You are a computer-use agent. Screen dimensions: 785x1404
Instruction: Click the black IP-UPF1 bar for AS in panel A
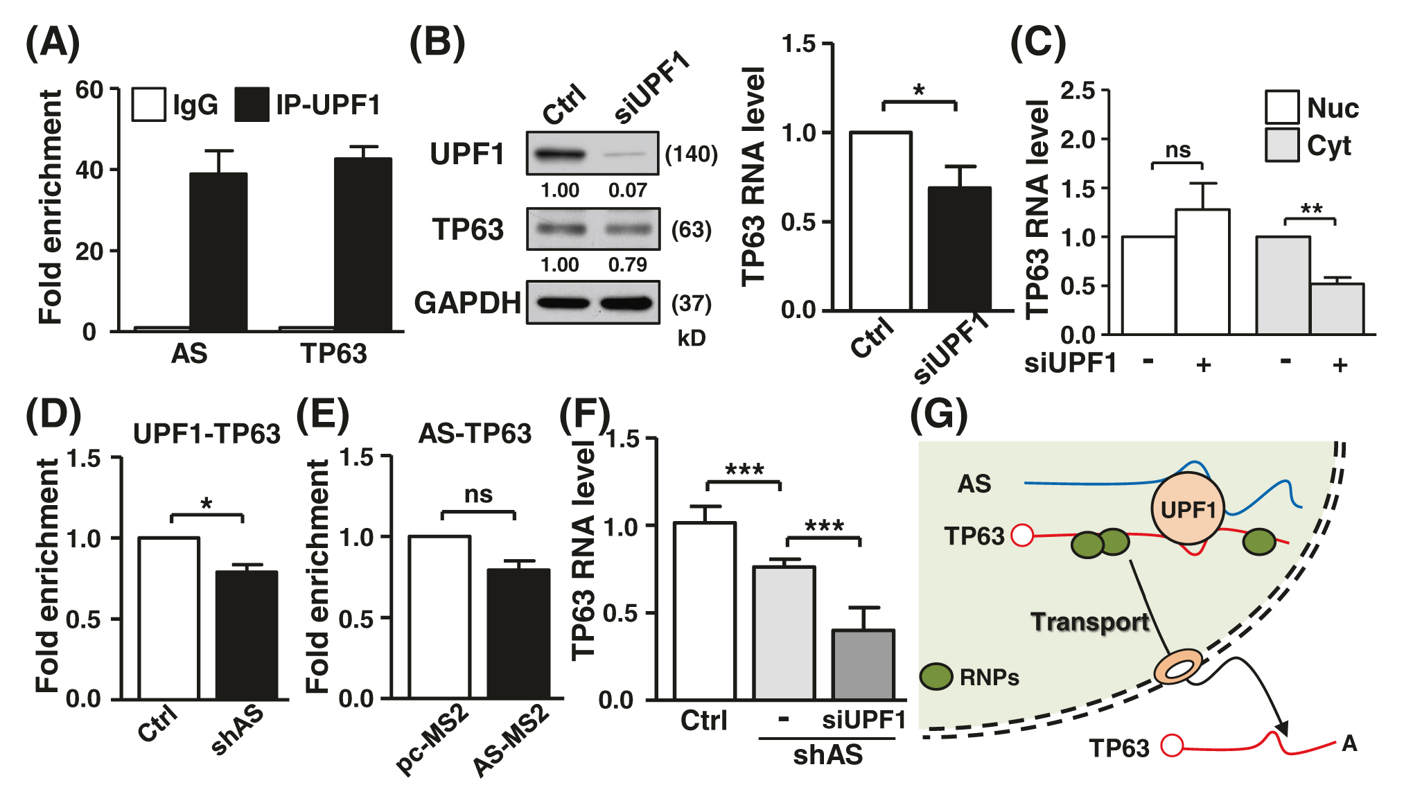click(218, 252)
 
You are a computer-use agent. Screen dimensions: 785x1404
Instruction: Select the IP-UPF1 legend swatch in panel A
click(252, 105)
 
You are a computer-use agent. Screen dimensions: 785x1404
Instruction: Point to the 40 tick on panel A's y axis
click(89, 170)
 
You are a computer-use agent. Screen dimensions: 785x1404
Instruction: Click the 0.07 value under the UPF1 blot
click(627, 190)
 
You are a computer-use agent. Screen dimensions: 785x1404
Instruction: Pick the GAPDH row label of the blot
click(467, 303)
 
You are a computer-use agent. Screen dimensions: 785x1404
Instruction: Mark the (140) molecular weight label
click(691, 154)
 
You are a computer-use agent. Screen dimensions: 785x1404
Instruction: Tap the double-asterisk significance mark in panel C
click(1311, 209)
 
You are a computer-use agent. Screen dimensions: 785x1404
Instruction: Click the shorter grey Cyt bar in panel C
click(1337, 309)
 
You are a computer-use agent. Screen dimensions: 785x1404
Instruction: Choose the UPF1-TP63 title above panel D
click(207, 434)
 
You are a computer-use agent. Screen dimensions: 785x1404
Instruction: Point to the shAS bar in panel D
click(247, 635)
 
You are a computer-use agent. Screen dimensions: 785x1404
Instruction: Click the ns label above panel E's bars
click(478, 495)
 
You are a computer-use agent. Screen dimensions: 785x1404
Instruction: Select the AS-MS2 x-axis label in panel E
click(511, 740)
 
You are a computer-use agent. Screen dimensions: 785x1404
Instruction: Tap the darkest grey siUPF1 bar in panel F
click(863, 664)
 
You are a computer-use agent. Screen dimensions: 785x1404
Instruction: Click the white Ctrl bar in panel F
click(704, 610)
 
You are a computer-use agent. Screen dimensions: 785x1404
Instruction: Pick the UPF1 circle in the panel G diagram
click(1188, 509)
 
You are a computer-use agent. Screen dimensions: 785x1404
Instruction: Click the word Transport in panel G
click(1089, 621)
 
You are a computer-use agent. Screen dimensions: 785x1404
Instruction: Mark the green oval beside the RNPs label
click(936, 676)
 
